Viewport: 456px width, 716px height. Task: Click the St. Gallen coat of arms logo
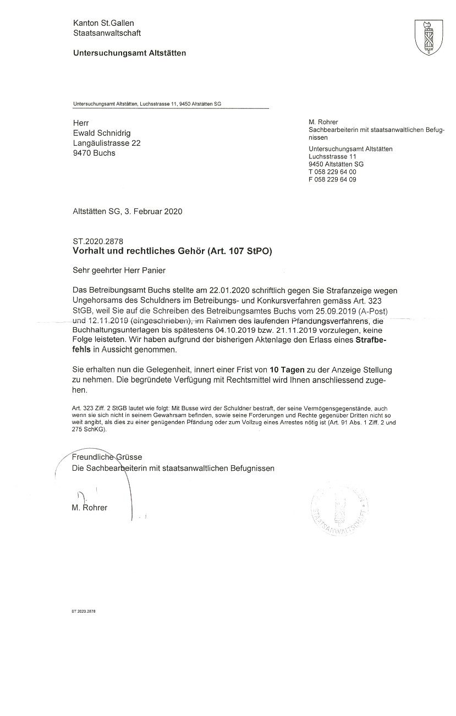point(426,37)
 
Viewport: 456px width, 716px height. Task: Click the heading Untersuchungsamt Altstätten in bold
point(129,53)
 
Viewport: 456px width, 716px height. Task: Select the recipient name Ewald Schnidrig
point(102,133)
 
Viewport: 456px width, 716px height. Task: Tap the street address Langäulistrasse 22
point(107,143)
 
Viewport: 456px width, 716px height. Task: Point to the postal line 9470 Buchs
point(94,153)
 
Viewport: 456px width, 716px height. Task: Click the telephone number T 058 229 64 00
point(332,172)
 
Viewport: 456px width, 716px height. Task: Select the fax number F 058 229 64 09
point(332,179)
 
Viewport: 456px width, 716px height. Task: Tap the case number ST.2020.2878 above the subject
point(97,241)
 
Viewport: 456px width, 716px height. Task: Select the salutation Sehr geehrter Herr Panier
point(119,271)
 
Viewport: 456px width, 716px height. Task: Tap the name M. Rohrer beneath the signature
point(90,508)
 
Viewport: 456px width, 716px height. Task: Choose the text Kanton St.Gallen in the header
point(103,23)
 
